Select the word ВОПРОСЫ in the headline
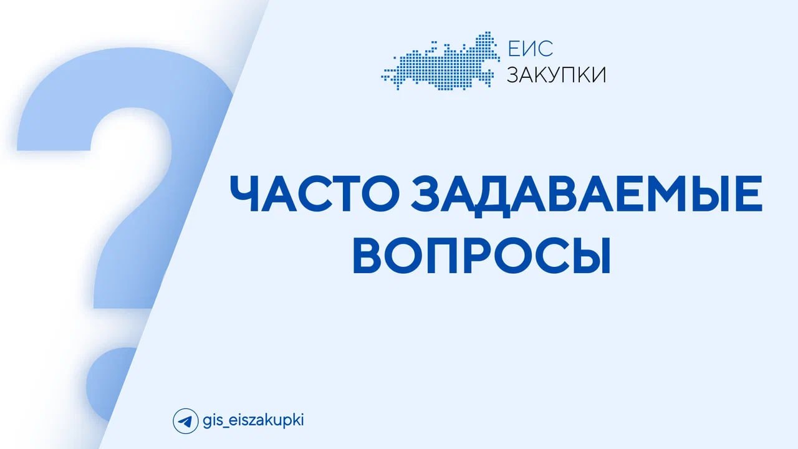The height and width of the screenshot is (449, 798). (x=482, y=254)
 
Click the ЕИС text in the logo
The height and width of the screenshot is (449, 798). (x=530, y=49)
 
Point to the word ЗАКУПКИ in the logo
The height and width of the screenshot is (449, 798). (x=557, y=75)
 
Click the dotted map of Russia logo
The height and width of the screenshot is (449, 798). (x=440, y=60)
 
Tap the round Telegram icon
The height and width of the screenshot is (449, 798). (x=185, y=421)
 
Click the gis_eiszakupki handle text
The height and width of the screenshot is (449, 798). (x=253, y=421)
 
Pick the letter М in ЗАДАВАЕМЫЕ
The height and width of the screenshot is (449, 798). (x=661, y=193)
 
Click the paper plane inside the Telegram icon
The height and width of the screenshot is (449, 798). (x=185, y=421)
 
